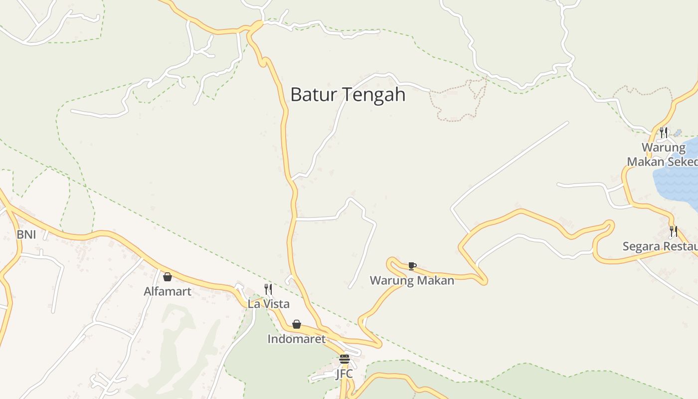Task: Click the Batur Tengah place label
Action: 348,94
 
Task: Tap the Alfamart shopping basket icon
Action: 168,277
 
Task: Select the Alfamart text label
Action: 168,291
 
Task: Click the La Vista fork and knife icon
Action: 268,289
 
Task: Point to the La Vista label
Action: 268,304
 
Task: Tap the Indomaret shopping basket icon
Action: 297,325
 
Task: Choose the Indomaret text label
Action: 297,339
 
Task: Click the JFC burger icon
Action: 344,359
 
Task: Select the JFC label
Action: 344,374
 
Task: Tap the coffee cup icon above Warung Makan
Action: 412,266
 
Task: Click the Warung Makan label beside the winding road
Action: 412,280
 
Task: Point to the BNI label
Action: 26,234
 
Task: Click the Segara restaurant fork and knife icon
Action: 673,231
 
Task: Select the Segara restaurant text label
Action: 660,246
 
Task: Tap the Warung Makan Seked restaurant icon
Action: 664,133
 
